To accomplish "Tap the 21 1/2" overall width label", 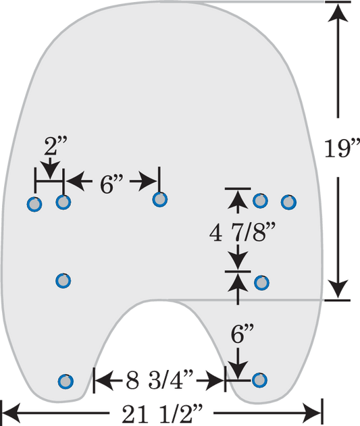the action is coord(162,413).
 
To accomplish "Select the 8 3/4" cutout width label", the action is coord(159,379).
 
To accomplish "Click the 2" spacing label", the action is coord(55,146).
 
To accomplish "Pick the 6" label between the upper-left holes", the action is coord(111,184).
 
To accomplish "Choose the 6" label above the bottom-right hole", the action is coord(242,334).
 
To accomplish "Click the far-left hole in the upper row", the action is coord(34,204).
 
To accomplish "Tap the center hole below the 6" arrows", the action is coord(160,199).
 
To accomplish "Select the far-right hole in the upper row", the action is coord(288,202).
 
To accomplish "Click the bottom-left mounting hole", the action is coord(66,381).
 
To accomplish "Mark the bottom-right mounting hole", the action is coord(259,379).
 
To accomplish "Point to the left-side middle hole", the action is coord(63,280).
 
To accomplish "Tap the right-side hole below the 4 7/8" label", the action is coord(261,283).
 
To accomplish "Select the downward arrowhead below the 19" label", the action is coord(338,288).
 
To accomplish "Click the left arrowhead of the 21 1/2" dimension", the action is coord(11,413).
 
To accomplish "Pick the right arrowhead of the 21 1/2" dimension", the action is coord(312,413).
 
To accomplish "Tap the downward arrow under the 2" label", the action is coord(50,168).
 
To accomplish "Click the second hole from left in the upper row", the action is coord(63,202).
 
